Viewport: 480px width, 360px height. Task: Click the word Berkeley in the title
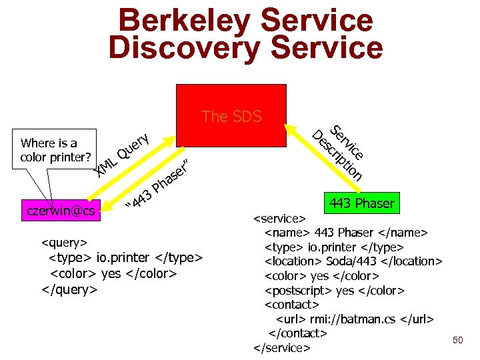(189, 19)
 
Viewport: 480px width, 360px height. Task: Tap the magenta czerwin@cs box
(60, 211)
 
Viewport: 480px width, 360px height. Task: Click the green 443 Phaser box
(361, 203)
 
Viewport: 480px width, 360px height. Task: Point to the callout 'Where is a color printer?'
(49, 150)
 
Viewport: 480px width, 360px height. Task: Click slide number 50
(457, 341)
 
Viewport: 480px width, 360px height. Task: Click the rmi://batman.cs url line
(355, 319)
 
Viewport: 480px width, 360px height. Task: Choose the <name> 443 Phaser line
(346, 232)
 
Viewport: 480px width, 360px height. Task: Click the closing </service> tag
(282, 348)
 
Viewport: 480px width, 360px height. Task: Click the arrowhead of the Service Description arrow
(290, 126)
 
